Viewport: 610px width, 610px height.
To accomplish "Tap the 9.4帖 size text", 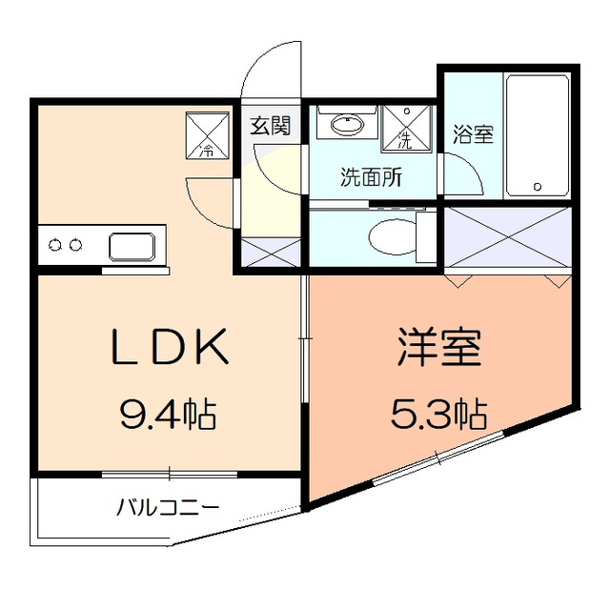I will (168, 414).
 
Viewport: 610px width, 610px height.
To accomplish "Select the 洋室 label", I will (437, 349).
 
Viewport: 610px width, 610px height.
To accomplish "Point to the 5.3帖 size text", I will (439, 414).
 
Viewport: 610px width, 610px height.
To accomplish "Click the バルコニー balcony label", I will (168, 506).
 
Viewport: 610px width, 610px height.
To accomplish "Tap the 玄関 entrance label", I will (271, 125).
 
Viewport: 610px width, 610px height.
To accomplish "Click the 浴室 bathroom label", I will (472, 134).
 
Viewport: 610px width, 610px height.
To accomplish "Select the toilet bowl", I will (391, 234).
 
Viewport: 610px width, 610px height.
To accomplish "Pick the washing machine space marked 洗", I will (404, 130).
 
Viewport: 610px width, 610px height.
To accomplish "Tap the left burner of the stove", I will (55, 246).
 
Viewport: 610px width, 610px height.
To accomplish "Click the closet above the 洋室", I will (507, 234).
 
